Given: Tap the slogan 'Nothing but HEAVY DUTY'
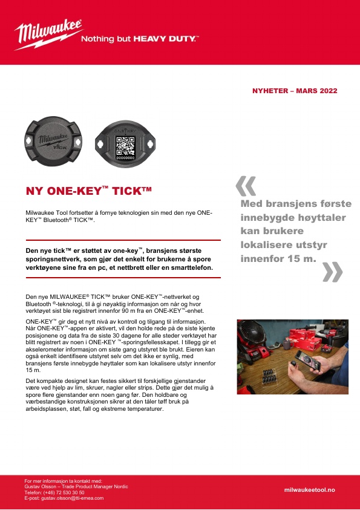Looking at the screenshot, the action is tap(140, 39).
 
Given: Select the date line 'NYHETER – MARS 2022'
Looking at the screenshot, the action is tap(295, 91).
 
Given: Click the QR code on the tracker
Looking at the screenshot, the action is tap(125, 146).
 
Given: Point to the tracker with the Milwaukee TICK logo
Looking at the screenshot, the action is tap(53, 141).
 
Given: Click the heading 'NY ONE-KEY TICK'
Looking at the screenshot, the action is tap(89, 191).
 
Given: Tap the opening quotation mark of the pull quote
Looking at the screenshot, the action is tap(246, 186).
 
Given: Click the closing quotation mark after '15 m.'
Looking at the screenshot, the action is tap(332, 272).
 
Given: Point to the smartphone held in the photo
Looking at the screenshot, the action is tap(307, 359).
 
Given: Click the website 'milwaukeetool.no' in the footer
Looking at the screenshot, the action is tap(309, 490).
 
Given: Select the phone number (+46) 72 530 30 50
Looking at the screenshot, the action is tap(64, 492).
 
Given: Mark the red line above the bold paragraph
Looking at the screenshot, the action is tap(123, 240).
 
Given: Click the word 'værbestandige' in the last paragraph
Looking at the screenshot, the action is tap(42, 402).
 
